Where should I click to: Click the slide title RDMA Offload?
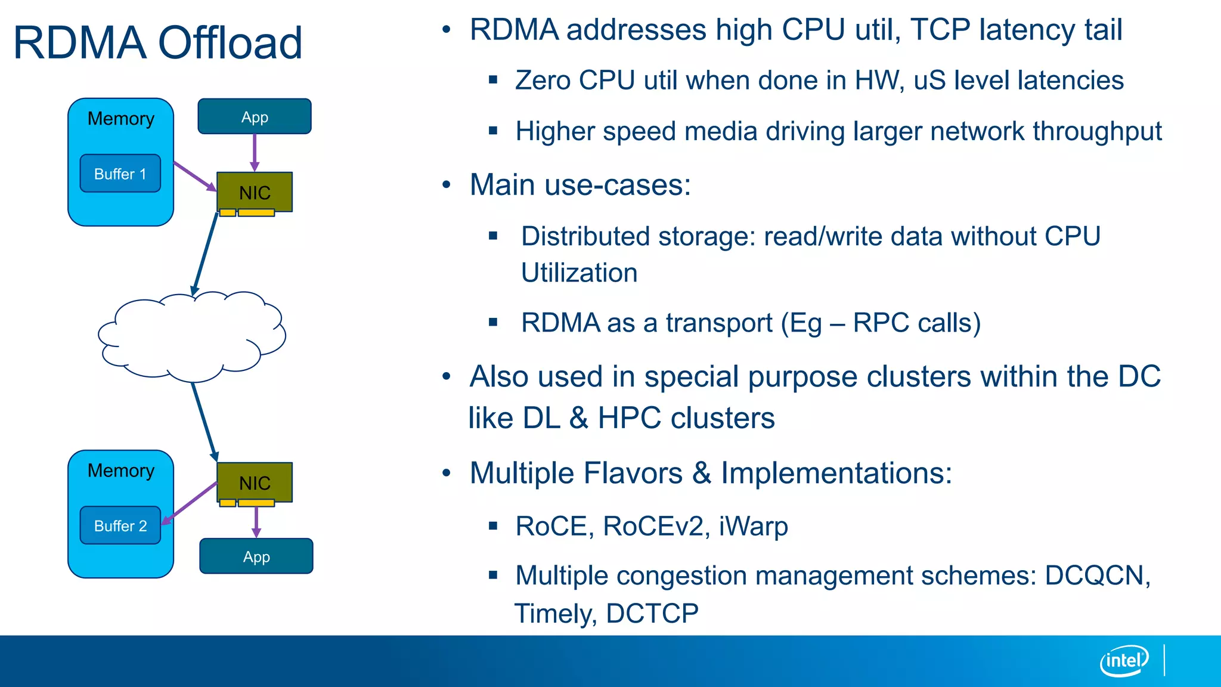158,43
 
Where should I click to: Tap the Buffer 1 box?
120,174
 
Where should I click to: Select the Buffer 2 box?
120,525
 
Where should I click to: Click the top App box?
255,117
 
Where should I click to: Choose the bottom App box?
256,556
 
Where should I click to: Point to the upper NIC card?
255,192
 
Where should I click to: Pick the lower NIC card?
255,482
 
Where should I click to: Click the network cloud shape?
191,337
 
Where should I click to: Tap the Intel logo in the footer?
1124,661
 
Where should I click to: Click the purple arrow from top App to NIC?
255,152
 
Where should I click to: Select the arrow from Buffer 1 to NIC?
195,177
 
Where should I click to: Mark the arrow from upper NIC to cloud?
204,253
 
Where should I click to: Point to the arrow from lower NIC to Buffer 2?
190,504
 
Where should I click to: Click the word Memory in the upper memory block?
121,119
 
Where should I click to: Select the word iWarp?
754,526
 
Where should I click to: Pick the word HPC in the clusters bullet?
630,417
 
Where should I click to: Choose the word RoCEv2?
653,526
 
